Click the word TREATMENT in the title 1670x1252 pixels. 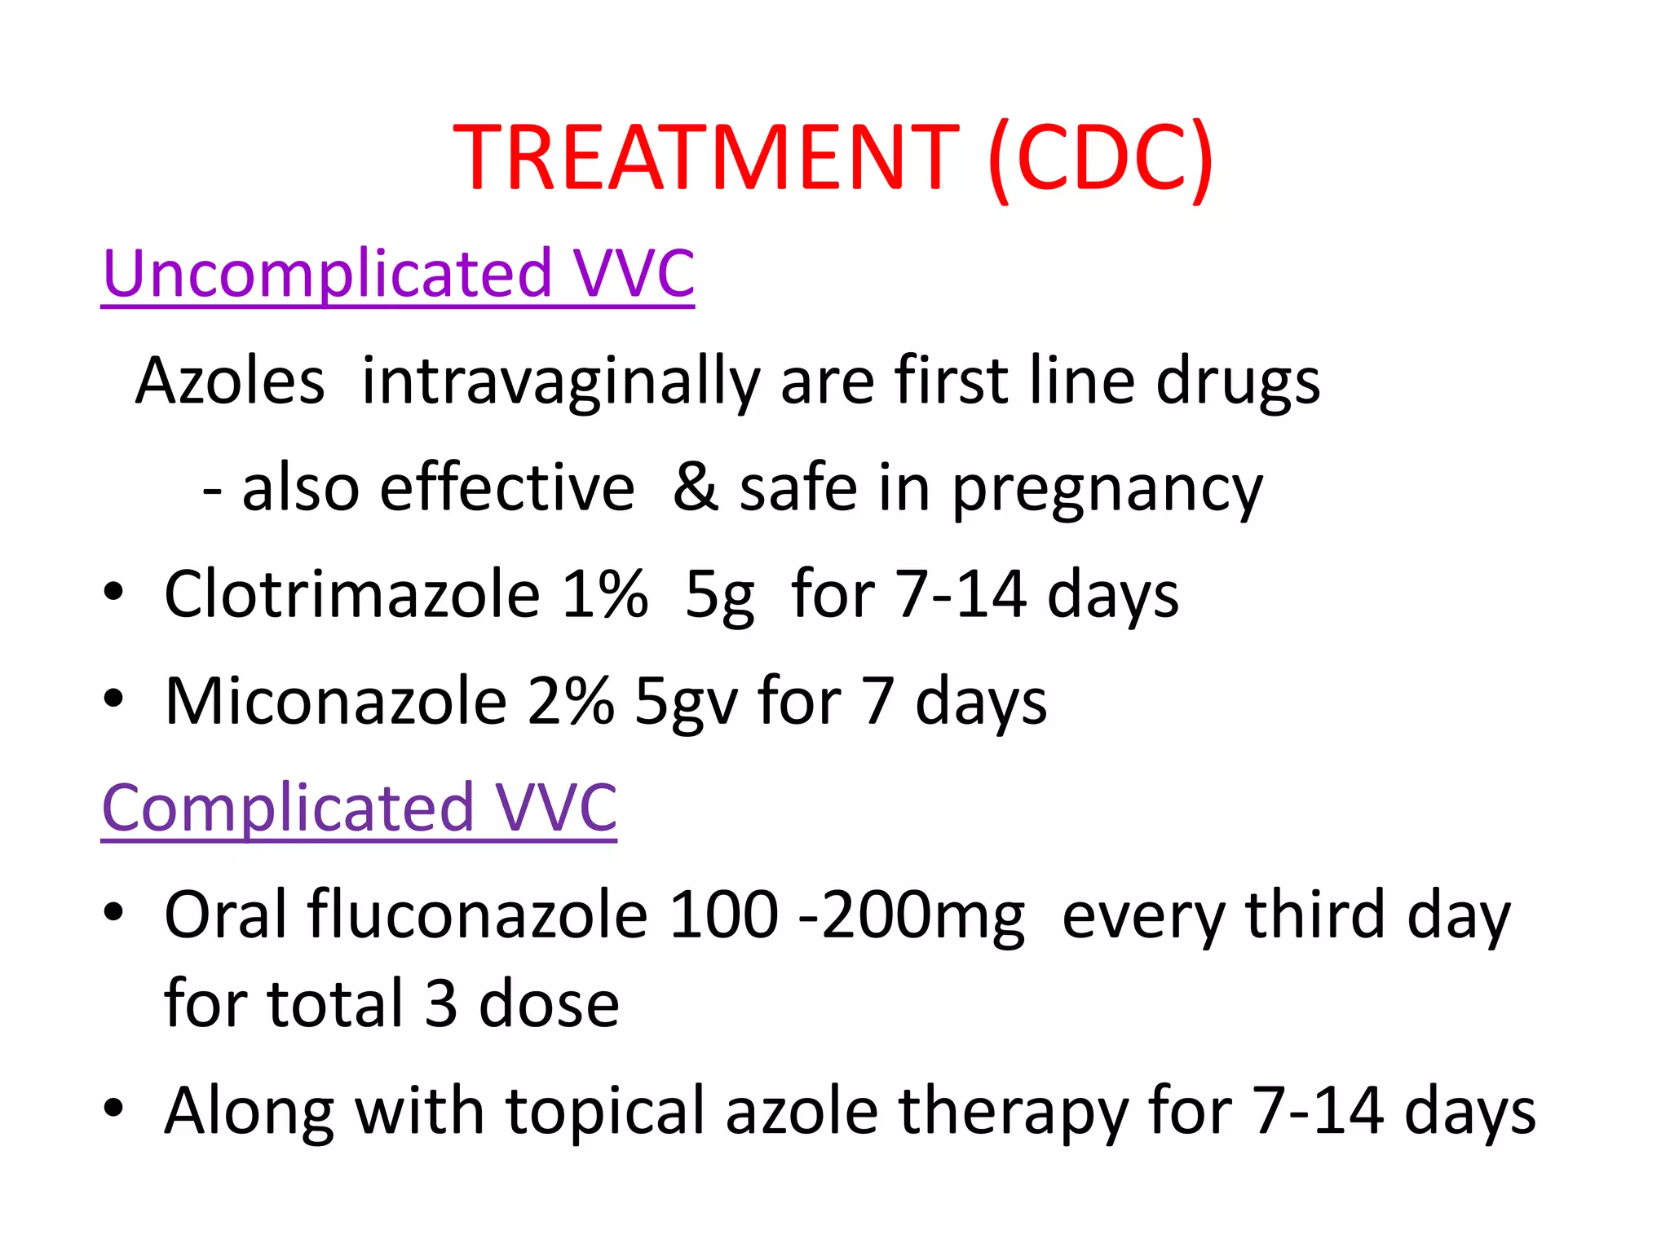706,157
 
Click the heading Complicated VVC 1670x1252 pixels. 359,807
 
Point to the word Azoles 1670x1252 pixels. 230,381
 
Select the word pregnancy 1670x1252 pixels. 1107,489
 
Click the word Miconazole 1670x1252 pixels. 336,701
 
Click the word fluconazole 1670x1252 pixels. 477,914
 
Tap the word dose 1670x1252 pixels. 549,1003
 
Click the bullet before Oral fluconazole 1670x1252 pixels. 113,912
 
